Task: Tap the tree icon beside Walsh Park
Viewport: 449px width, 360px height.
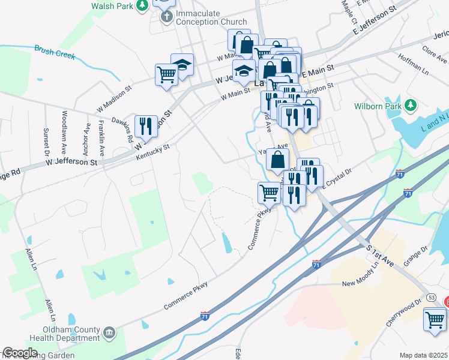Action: (x=142, y=5)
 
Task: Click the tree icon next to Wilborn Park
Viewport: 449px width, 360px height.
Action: (x=411, y=106)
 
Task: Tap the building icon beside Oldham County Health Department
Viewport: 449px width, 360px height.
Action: (x=109, y=332)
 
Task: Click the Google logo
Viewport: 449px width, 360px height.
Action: (x=20, y=353)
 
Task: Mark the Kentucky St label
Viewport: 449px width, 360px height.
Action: (x=153, y=151)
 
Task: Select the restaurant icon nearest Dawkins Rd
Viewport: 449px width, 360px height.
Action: (x=146, y=126)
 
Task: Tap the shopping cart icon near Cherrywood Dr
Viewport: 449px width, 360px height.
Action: (x=435, y=318)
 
